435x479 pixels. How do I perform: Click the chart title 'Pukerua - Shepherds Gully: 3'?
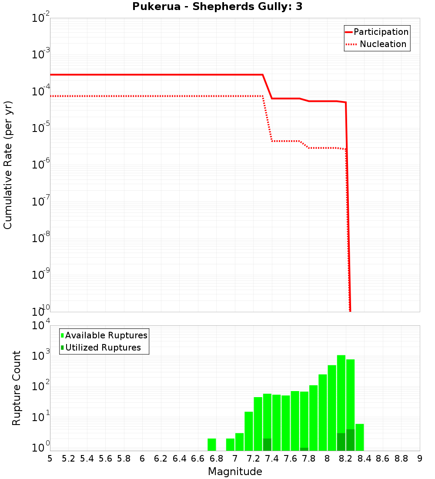pos(217,7)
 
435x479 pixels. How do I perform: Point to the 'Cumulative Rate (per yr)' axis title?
pos(8,165)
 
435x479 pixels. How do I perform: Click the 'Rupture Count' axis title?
pos(17,388)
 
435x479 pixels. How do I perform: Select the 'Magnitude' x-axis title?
pos(235,472)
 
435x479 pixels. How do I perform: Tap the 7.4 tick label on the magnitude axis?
pos(272,459)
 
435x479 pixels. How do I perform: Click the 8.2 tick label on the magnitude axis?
pos(346,459)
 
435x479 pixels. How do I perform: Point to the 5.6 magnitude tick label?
pos(105,459)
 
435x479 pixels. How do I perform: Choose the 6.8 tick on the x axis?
pos(216,459)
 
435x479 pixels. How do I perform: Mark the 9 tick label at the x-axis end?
pos(420,459)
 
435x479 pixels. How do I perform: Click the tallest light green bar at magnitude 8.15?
pos(341,392)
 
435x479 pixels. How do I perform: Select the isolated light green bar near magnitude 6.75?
pos(212,445)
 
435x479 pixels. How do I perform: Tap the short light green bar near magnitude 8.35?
pos(359,437)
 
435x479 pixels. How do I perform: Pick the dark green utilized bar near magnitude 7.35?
pos(267,445)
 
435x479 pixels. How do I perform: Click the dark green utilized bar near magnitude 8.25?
pos(350,440)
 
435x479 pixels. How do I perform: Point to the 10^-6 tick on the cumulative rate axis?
pos(40,165)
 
